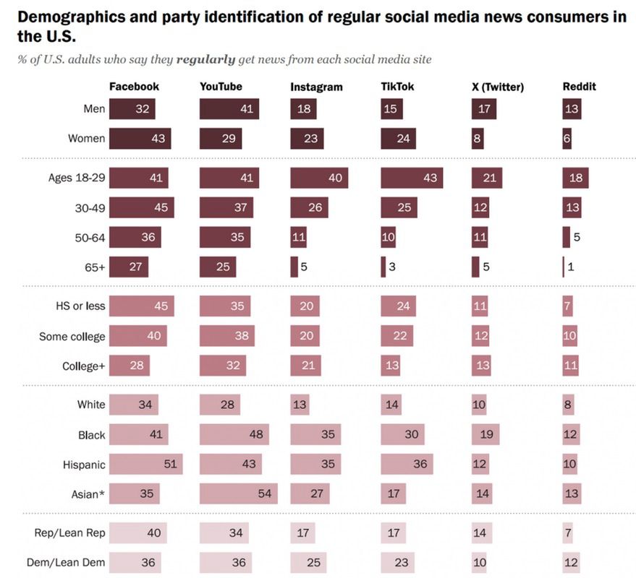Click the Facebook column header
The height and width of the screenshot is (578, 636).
(x=134, y=87)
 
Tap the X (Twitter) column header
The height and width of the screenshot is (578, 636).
(x=497, y=87)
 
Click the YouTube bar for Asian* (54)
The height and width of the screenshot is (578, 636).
(x=239, y=493)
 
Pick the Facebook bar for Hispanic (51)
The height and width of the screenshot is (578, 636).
(x=146, y=464)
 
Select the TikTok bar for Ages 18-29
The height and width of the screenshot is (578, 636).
(x=412, y=178)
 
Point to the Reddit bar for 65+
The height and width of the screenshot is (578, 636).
(x=564, y=267)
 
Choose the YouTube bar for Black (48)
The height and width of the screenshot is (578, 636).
(x=234, y=434)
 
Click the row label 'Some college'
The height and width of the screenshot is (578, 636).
(x=72, y=337)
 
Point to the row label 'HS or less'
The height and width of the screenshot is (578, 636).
(x=76, y=306)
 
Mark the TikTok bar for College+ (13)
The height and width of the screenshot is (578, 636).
(x=391, y=366)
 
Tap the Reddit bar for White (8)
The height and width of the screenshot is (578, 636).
(x=568, y=405)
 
